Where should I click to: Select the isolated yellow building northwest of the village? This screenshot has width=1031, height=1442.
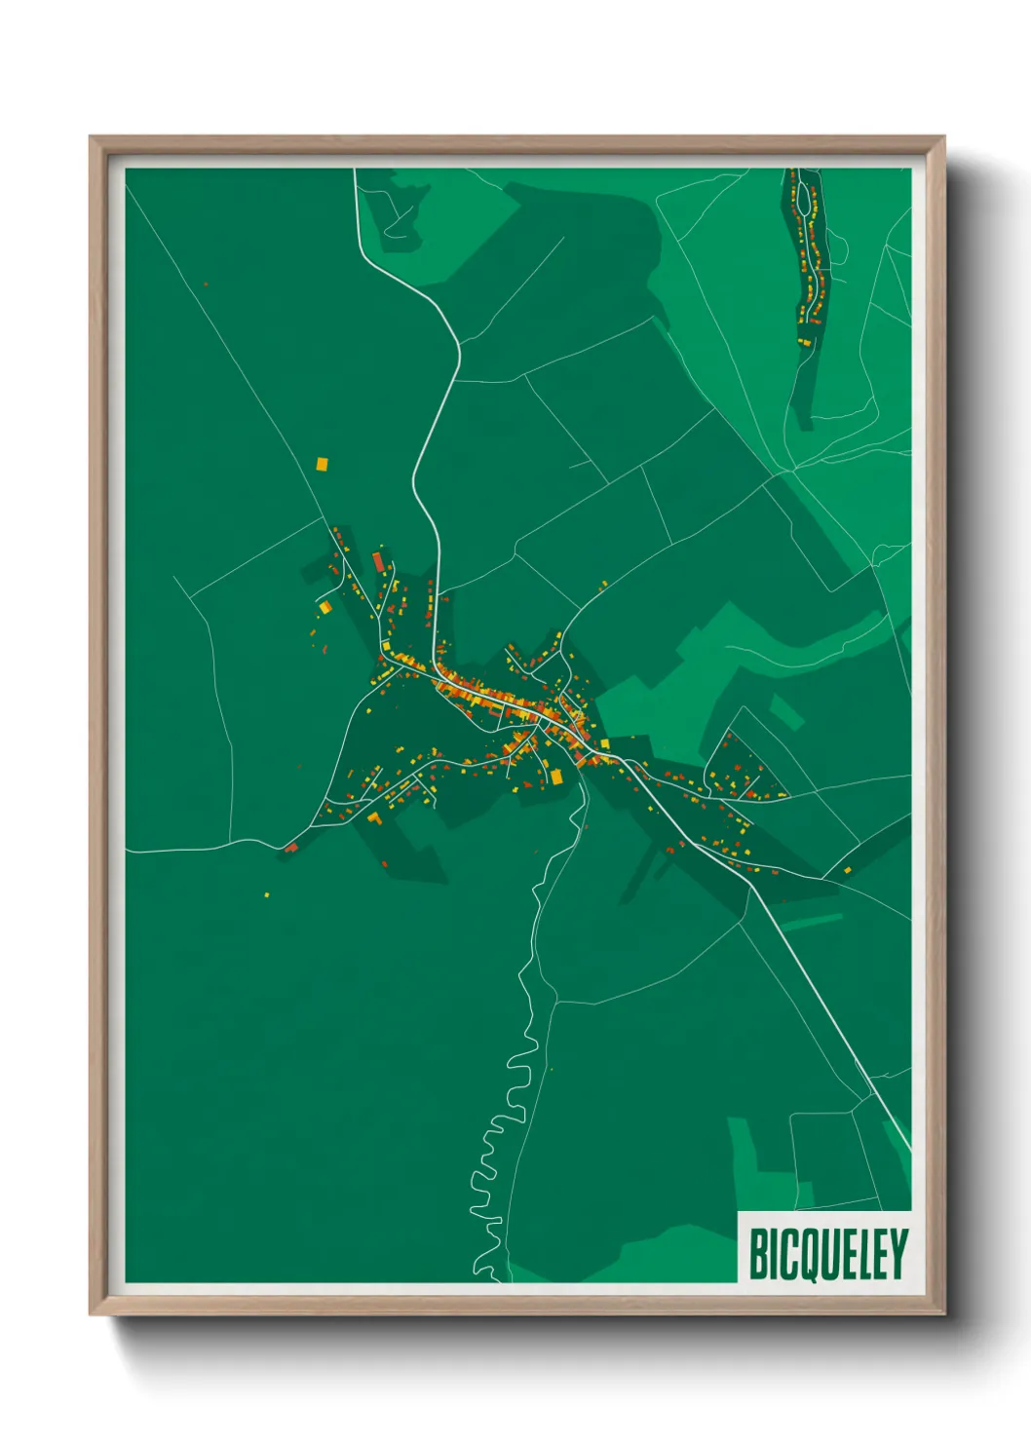(322, 464)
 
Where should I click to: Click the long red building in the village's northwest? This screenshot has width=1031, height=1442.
(378, 562)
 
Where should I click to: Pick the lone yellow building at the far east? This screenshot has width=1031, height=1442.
(847, 868)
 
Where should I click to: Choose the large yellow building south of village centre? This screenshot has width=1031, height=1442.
(557, 776)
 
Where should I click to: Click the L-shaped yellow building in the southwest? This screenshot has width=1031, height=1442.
(373, 816)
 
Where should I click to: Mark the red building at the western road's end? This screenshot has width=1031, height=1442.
(289, 848)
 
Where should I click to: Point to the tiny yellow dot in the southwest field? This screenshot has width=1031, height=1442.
(266, 893)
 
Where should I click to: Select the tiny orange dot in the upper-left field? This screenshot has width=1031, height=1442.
(206, 285)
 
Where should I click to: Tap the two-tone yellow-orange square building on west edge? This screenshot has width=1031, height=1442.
(325, 607)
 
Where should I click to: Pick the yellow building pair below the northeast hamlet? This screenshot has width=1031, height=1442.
(804, 341)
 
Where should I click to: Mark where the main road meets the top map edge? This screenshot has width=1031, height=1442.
(355, 171)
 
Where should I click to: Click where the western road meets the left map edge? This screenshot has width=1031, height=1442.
(128, 852)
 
